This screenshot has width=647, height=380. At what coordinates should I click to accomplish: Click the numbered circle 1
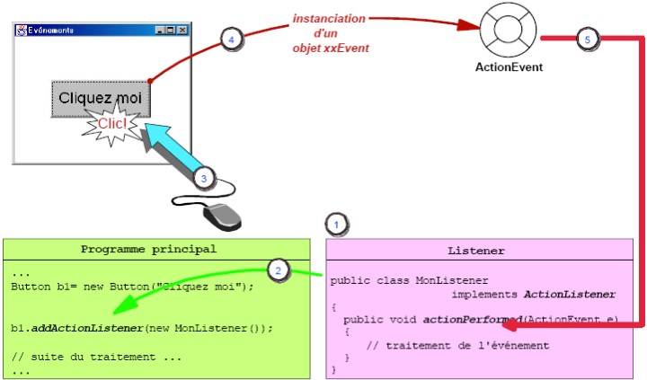pyautogui.click(x=335, y=223)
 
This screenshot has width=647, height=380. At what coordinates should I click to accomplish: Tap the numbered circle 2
pyautogui.click(x=279, y=270)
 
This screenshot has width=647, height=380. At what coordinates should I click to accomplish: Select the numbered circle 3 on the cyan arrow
pyautogui.click(x=204, y=179)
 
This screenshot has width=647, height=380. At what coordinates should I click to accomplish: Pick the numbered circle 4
pyautogui.click(x=232, y=40)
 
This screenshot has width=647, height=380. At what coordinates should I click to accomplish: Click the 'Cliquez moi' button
pyautogui.click(x=100, y=97)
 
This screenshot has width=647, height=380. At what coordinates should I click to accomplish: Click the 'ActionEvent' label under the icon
pyautogui.click(x=509, y=66)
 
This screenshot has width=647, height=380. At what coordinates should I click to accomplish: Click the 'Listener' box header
pyautogui.click(x=476, y=250)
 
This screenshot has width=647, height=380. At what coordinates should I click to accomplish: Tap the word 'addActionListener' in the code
pyautogui.click(x=84, y=328)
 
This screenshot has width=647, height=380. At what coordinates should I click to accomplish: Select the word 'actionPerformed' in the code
pyautogui.click(x=461, y=319)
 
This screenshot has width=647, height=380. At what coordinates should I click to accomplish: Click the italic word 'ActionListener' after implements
pyautogui.click(x=570, y=294)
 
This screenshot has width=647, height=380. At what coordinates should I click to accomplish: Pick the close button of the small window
pyautogui.click(x=182, y=30)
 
